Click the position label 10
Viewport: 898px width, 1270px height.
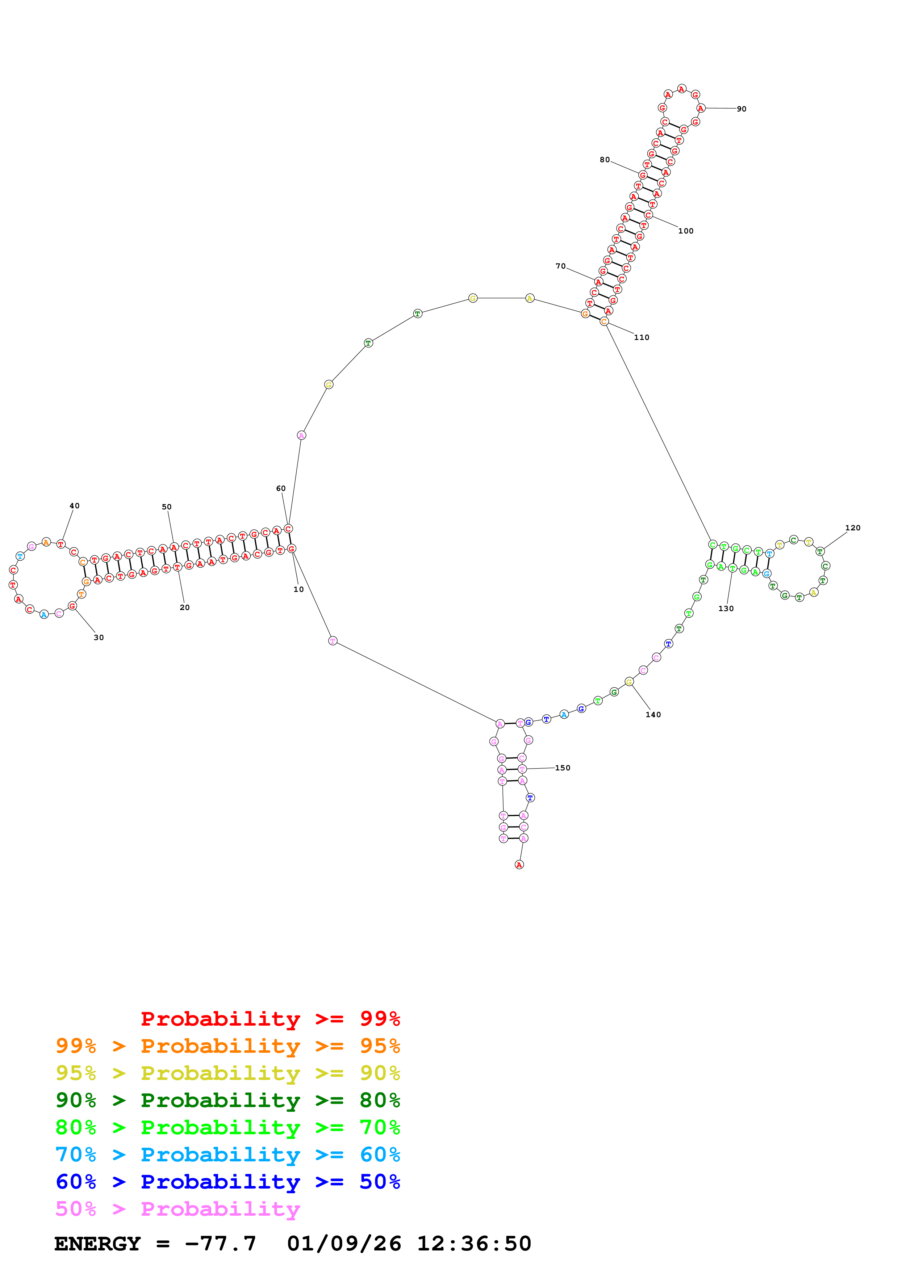coord(298,590)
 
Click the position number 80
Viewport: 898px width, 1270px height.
coord(605,160)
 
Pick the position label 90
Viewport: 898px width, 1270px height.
coord(742,109)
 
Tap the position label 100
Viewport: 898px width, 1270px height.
coord(685,231)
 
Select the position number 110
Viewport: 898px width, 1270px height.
coord(641,337)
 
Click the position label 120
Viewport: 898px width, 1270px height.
coord(853,528)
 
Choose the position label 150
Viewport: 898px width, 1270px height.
coord(562,768)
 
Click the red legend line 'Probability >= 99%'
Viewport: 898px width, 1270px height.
coord(270,1019)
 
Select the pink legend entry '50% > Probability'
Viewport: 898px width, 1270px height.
coord(177,1209)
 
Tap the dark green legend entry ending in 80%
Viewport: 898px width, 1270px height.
coord(227,1100)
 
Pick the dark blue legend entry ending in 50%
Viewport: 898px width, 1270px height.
coord(227,1182)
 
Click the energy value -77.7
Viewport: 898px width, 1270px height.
coord(220,1244)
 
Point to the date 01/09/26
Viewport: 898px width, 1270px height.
coord(344,1244)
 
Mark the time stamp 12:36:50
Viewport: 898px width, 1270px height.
coord(473,1244)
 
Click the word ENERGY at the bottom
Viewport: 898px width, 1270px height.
coord(97,1244)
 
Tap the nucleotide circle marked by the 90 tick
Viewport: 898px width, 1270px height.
coord(701,108)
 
